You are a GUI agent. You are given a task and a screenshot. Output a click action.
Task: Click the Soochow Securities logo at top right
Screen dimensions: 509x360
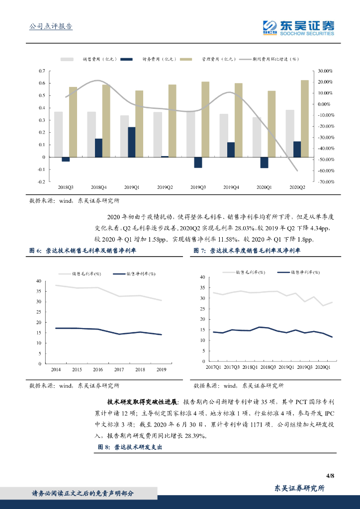click(x=298, y=27)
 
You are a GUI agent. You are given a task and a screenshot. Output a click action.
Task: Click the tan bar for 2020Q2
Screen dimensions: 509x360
click(x=304, y=118)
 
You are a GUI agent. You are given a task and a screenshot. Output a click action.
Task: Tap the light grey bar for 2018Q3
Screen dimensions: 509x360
click(x=59, y=134)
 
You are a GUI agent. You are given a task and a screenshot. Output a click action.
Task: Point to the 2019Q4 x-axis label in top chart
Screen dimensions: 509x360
click(x=231, y=187)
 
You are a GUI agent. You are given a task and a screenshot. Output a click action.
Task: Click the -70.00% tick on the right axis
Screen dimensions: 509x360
click(x=326, y=182)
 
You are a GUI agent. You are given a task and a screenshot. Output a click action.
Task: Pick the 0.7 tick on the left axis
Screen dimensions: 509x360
click(x=42, y=71)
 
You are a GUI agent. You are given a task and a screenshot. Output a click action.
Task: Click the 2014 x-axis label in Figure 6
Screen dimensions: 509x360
click(x=56, y=370)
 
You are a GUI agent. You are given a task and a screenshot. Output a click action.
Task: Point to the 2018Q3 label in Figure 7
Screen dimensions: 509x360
click(x=269, y=367)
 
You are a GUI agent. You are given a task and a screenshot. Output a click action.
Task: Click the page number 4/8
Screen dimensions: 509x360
click(x=330, y=476)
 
